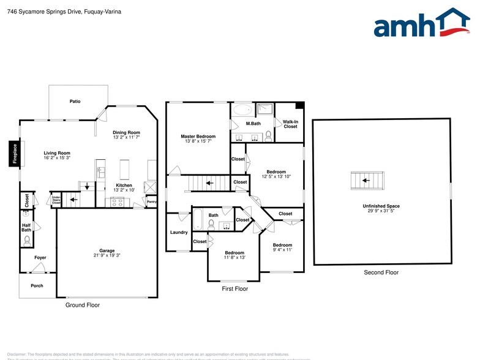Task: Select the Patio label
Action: [75, 101]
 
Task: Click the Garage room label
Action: [107, 250]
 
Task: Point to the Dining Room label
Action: [126, 132]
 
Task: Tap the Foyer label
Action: [40, 258]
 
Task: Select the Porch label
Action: [37, 285]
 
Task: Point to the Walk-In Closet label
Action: [290, 124]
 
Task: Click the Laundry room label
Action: [179, 233]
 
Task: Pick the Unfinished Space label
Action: [381, 206]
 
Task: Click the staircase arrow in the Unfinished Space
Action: [366, 181]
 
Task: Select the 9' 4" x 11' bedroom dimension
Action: [282, 250]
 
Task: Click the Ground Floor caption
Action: [82, 305]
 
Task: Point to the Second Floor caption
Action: [381, 272]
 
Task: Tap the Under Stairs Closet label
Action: [56, 199]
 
